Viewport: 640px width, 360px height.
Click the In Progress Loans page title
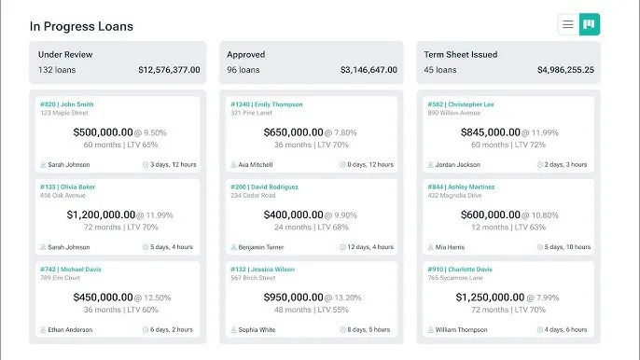click(81, 26)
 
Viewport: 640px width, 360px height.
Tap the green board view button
click(589, 25)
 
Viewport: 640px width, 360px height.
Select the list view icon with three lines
click(567, 25)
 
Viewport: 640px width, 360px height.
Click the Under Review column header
click(65, 54)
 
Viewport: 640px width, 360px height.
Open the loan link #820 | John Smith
click(67, 104)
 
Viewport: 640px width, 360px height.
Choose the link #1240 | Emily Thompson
click(266, 104)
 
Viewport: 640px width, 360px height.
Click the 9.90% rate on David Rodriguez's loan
click(339, 215)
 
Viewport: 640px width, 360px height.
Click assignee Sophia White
click(257, 329)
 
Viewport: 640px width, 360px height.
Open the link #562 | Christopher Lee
click(461, 104)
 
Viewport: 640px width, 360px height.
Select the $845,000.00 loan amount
click(490, 132)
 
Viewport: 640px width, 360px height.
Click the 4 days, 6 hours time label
click(565, 329)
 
